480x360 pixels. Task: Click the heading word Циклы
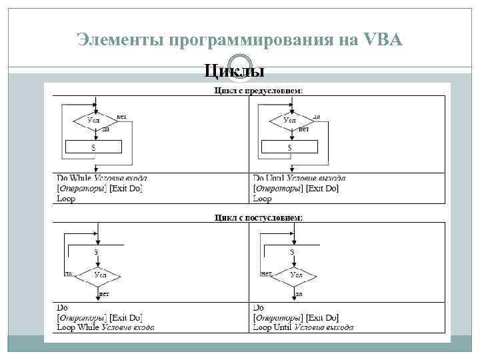[233, 71]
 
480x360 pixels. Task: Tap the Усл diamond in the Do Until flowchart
[290, 121]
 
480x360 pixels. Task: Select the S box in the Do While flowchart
[93, 147]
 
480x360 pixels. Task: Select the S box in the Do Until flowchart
[290, 147]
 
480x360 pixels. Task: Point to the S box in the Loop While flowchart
[95, 251]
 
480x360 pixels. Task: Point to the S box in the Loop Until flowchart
[292, 251]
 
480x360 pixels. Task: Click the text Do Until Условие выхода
[299, 179]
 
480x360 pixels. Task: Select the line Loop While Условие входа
[105, 327]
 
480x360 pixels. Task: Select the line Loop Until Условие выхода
[303, 327]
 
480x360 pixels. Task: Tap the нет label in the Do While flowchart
[121, 116]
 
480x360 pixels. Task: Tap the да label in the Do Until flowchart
[317, 116]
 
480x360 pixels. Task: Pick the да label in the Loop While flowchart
[68, 273]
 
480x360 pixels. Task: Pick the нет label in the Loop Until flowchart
[266, 273]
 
